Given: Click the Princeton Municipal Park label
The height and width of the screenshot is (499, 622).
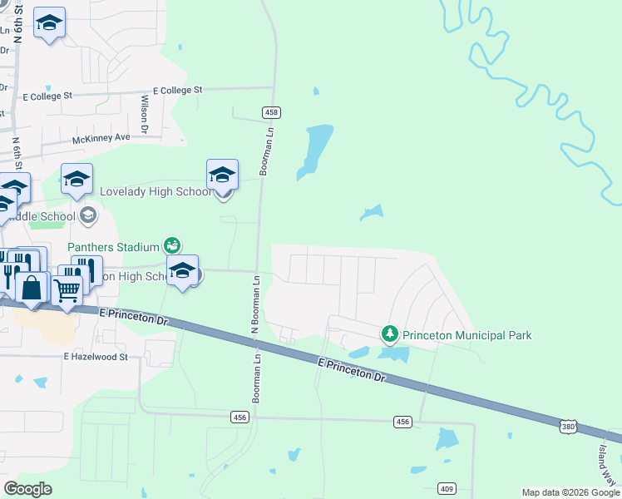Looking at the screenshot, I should coord(467,335).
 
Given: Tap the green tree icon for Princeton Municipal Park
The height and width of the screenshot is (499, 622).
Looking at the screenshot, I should coord(389,334).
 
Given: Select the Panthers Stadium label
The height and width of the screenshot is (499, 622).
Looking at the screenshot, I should coord(113,246).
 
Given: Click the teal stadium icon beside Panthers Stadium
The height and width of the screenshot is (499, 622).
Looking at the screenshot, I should coord(171,245).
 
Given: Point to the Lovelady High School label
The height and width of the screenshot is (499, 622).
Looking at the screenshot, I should coord(155,191).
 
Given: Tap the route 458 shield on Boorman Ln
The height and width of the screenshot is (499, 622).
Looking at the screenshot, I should coord(271,112).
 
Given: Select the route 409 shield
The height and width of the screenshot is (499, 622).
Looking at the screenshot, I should coord(447,488).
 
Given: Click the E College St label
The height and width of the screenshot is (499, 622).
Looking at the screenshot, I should coord(178,90).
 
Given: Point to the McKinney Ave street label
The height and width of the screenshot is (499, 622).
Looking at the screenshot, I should coord(101,137).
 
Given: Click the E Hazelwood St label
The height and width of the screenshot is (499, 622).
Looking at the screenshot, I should coord(96,357).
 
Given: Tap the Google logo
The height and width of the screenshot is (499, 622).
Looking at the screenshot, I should coord(28,489).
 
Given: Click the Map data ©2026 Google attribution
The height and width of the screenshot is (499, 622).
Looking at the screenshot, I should coord(570,492).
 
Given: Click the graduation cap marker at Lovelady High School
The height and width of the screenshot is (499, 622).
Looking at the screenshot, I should coord(222,175).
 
